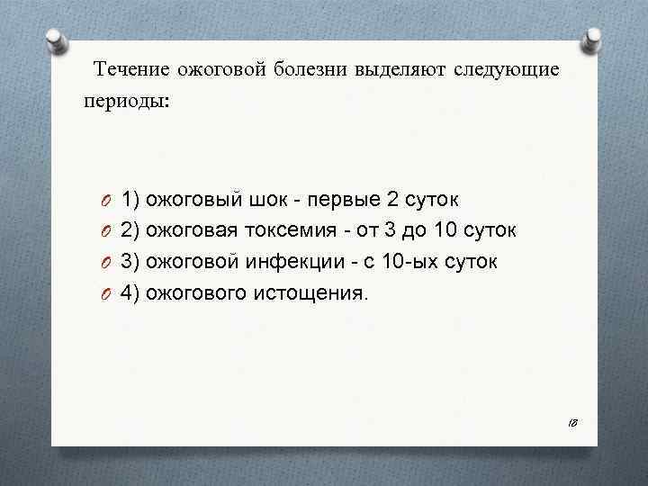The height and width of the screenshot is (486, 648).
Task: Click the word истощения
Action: click(x=319, y=292)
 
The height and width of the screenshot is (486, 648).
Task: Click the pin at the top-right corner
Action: click(x=594, y=41)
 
